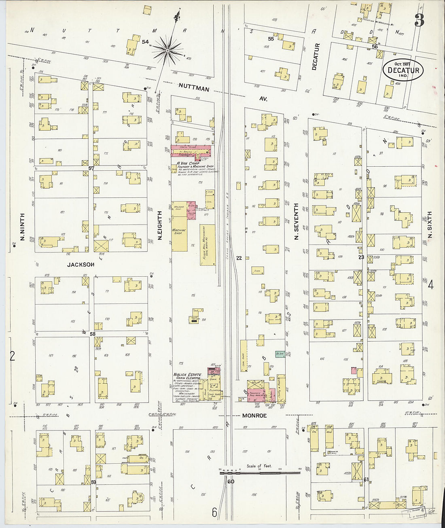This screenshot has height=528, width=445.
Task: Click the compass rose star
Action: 167,50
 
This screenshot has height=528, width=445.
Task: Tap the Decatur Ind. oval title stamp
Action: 403,70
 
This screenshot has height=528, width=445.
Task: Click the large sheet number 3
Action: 419,20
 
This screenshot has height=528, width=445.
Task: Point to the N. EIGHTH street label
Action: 160,225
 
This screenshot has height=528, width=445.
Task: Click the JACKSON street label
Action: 81,265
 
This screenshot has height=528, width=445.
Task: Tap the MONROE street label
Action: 254,416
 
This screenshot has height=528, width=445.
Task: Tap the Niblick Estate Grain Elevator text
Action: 187,377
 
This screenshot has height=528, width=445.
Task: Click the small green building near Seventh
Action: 280,354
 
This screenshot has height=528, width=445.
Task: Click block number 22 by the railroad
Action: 239,258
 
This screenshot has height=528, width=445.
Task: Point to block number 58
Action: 93,334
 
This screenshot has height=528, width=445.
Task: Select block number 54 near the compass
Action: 145,42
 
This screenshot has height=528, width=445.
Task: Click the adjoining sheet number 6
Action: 215,513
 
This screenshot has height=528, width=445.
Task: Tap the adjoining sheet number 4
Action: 430,285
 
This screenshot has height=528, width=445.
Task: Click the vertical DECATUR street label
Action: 316,57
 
